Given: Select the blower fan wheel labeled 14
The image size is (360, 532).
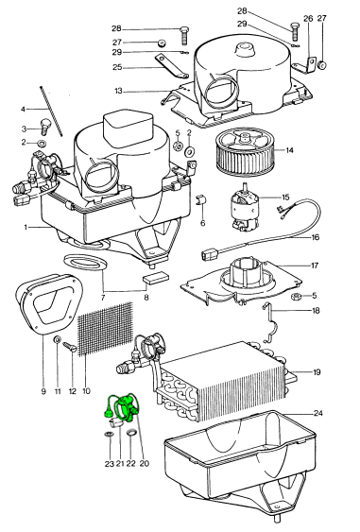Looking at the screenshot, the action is coord(245,151).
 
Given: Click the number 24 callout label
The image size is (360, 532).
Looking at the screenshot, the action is coord(317,413).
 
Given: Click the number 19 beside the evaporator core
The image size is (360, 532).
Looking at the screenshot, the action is coord(317,372).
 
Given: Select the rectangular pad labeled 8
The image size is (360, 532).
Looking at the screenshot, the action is coord(156,278).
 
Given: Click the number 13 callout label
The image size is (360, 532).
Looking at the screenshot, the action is coord(118,92).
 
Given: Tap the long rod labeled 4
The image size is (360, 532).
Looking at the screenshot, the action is coord(52,112).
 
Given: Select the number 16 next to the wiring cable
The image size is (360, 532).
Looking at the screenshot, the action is coord(316,237).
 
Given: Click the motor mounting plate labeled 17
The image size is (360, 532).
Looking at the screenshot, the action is coord(241,281).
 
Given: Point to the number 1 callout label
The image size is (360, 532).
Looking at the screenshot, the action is coord(26,227).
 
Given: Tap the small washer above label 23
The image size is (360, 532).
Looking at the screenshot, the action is coord(110,435).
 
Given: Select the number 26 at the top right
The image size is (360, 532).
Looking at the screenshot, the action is coord(308,18).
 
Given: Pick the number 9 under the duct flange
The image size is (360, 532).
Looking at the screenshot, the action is coord(43,391).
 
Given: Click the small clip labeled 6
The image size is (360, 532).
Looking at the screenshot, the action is coord(201,200).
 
